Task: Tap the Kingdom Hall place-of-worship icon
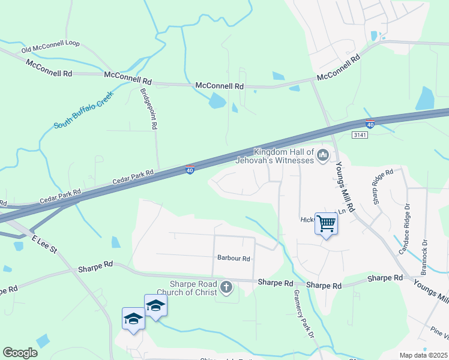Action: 323,156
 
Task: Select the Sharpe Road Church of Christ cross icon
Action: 226,287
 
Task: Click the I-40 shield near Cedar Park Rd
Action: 190,170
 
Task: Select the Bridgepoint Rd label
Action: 148,109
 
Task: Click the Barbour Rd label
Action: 234,258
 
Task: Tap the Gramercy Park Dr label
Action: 304,314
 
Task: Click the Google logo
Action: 20,353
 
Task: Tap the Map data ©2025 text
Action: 423,355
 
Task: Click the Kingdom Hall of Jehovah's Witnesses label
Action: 284,156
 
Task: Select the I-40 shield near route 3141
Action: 370,124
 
